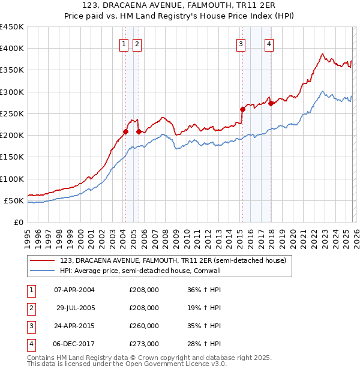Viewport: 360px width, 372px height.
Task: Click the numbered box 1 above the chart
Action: click(x=124, y=43)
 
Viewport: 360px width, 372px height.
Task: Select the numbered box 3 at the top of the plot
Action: click(x=241, y=43)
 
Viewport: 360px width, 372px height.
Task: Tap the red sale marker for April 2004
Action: click(x=125, y=131)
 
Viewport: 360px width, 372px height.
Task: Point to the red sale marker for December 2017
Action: click(x=271, y=103)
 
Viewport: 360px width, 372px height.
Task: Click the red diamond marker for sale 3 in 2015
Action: click(x=243, y=109)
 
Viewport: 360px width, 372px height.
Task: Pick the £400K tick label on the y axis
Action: click(x=12, y=49)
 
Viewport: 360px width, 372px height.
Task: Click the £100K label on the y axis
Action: click(x=12, y=179)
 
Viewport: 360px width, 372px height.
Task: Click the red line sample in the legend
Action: click(x=43, y=260)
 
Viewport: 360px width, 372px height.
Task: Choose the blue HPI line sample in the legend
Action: click(x=43, y=271)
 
